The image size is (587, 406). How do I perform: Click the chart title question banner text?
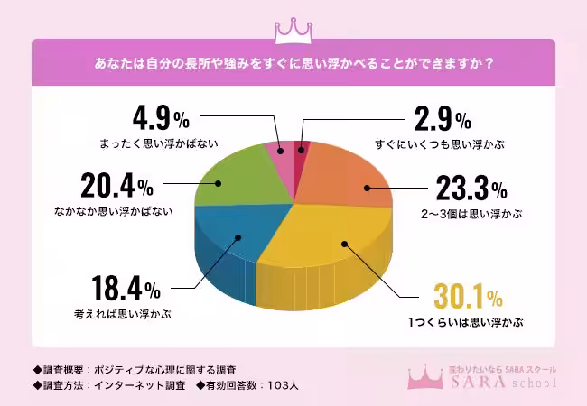(293, 64)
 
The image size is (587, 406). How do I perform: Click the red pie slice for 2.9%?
(303, 149)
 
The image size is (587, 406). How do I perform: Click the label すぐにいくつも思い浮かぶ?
(440, 143)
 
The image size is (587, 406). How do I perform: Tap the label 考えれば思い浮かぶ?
(123, 315)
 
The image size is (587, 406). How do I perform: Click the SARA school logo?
(489, 378)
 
